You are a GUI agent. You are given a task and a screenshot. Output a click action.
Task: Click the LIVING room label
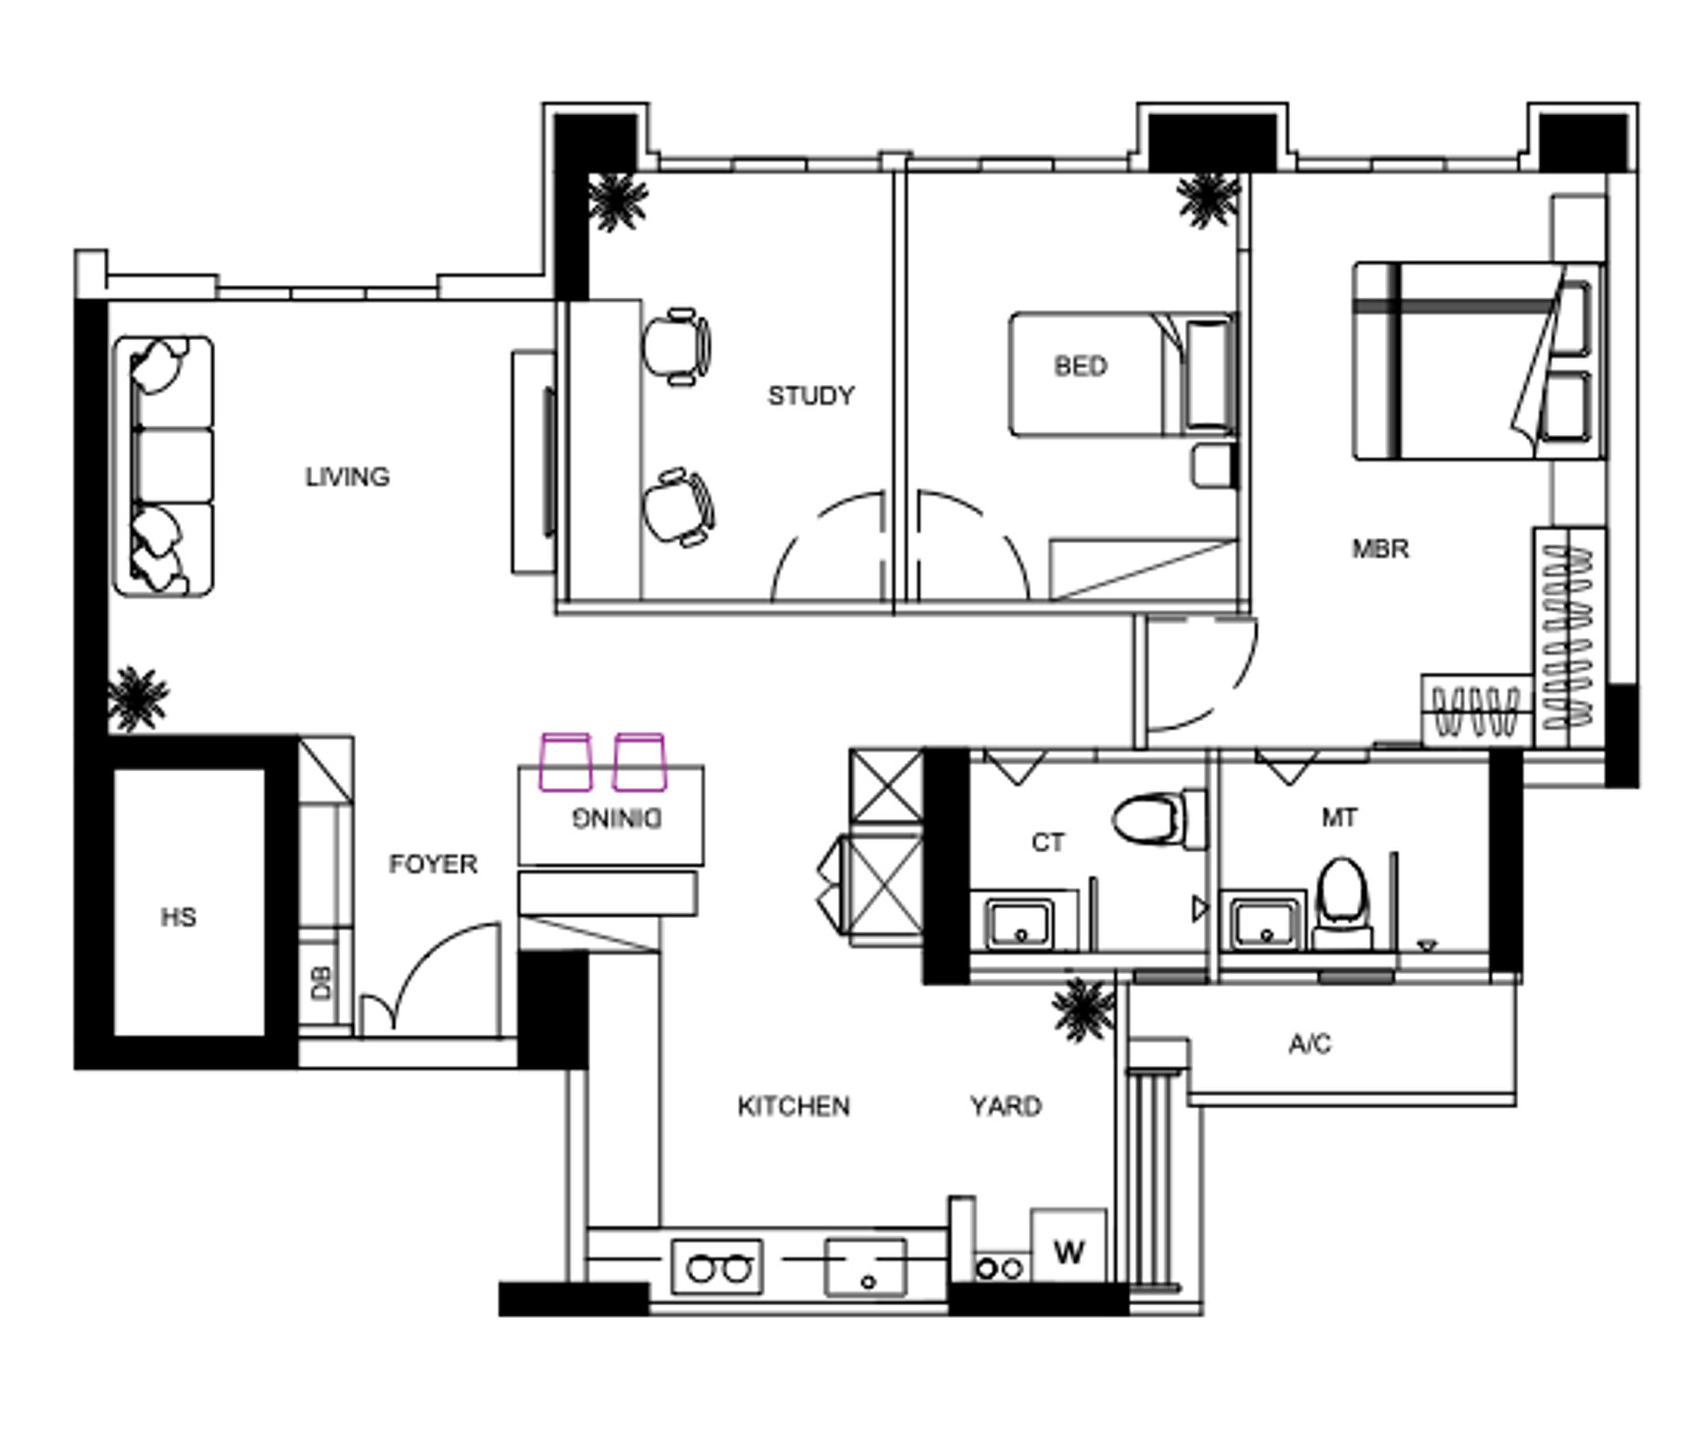[347, 476]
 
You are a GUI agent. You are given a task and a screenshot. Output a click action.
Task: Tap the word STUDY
[810, 396]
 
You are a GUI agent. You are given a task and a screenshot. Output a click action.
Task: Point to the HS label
[178, 916]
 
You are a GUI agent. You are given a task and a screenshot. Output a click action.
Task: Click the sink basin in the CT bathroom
[1019, 924]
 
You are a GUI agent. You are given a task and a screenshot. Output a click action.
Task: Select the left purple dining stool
[565, 762]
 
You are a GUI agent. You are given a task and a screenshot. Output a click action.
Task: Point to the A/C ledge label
[1309, 1044]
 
